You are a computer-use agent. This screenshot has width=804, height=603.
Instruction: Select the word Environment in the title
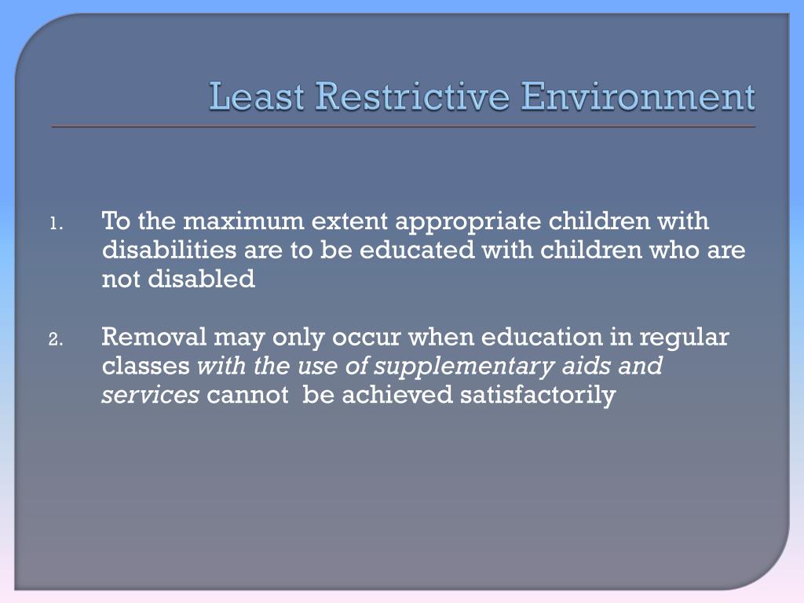pos(638,97)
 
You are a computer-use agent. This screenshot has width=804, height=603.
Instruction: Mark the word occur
pos(367,338)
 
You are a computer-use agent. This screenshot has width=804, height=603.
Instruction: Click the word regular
pos(685,339)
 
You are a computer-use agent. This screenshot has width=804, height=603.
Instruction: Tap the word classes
pos(146,366)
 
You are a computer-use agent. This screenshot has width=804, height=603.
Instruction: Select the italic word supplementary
pos(457,367)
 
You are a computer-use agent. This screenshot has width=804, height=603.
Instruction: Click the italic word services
pos(150,395)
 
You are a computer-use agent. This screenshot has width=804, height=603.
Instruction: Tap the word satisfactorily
pos(538,395)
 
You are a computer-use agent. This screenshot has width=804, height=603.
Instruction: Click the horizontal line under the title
pos(403,126)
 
